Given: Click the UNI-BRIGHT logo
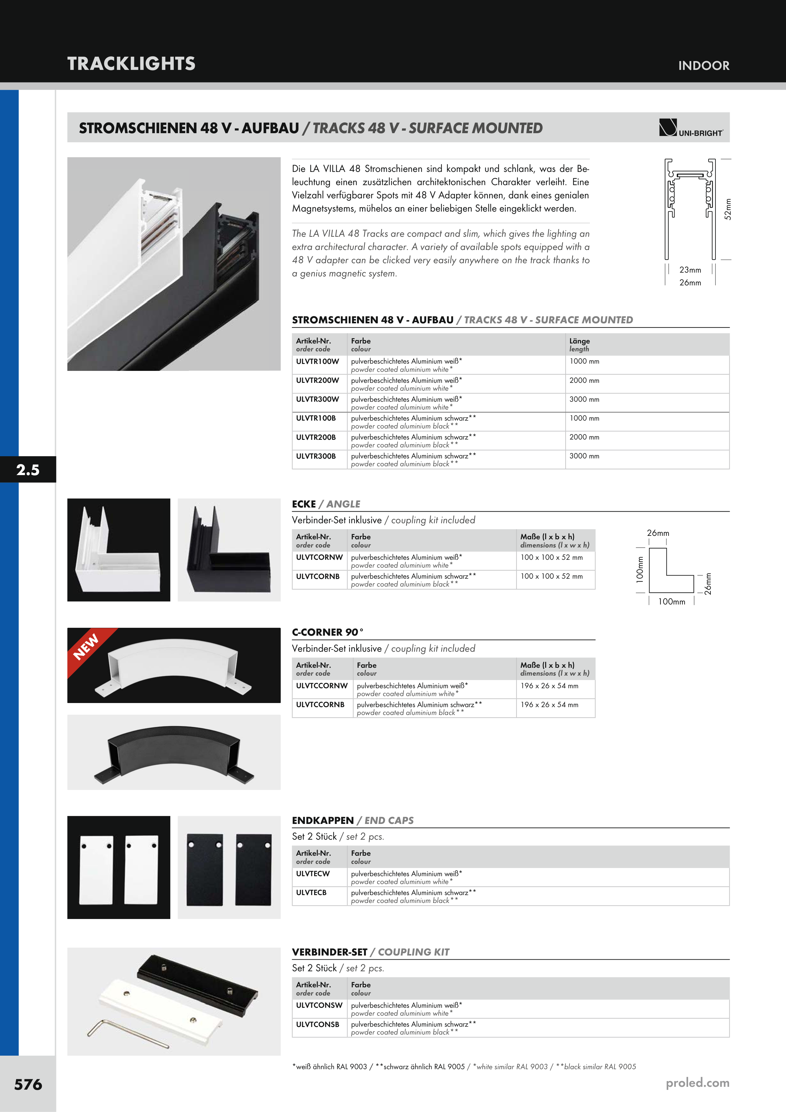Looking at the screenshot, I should click(x=691, y=128).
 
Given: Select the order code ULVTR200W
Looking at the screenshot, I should click(x=317, y=381).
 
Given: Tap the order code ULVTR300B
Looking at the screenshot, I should click(x=316, y=456).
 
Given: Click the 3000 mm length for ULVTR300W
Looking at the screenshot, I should click(x=584, y=400).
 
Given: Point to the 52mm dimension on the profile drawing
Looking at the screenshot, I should click(x=727, y=209).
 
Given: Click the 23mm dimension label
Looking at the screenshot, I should click(x=690, y=270).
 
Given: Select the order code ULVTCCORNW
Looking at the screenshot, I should click(x=322, y=686).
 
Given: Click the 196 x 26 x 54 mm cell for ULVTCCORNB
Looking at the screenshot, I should click(x=549, y=705).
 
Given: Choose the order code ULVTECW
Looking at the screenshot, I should click(x=313, y=874).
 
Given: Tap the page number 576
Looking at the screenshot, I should click(x=28, y=1084).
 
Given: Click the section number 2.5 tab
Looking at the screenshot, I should click(x=28, y=470).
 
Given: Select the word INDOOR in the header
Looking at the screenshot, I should click(x=704, y=66).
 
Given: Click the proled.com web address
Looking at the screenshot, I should click(x=697, y=1082).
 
